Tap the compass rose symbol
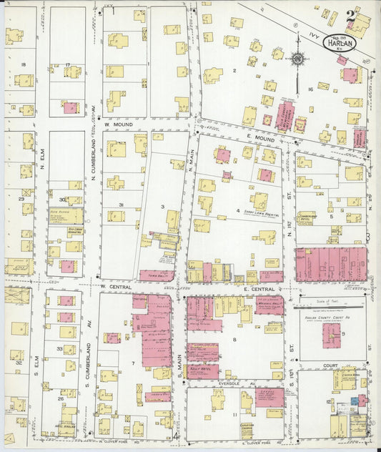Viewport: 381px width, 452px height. pyautogui.click(x=298, y=59)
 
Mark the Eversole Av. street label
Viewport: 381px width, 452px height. pyautogui.click(x=239, y=383)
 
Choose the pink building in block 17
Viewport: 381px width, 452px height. pyautogui.click(x=70, y=108)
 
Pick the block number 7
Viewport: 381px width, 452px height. pyautogui.click(x=112, y=364)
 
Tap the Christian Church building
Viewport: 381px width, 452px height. pyautogui.click(x=247, y=428)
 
